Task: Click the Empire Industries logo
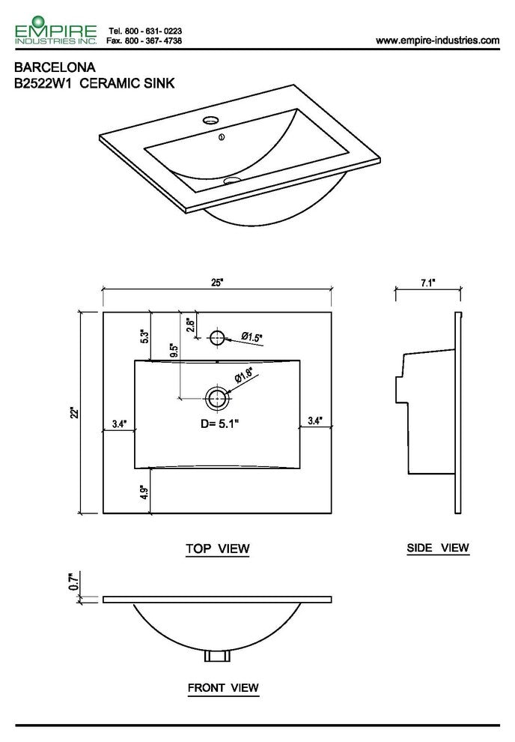tap(55, 31)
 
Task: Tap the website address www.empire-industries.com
tap(437, 40)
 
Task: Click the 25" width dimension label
tap(217, 283)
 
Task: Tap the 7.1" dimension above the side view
tap(428, 283)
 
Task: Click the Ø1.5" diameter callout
tap(252, 337)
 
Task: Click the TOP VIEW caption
tap(217, 549)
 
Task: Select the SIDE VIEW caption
tap(438, 548)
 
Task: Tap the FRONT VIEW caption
tap(223, 687)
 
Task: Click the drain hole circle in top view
tap(218, 397)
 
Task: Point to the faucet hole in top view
tap(217, 337)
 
